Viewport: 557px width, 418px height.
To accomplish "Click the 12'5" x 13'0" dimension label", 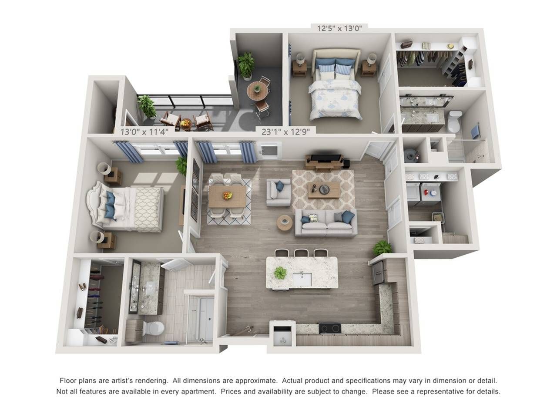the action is pyautogui.click(x=339, y=28).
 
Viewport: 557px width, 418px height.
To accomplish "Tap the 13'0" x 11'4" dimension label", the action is pyautogui.click(x=144, y=132).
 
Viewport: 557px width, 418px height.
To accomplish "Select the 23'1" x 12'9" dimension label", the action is pyautogui.click(x=285, y=132).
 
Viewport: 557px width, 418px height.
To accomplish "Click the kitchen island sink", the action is pyautogui.click(x=302, y=279).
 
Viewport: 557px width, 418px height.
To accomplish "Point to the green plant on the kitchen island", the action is pyautogui.click(x=280, y=273).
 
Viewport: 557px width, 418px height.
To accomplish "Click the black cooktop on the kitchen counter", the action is pyautogui.click(x=330, y=328).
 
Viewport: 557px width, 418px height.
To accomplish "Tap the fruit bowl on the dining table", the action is pyautogui.click(x=228, y=196).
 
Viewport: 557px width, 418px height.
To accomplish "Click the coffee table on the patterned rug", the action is pyautogui.click(x=324, y=189).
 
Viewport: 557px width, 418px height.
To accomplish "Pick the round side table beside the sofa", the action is pyautogui.click(x=285, y=222).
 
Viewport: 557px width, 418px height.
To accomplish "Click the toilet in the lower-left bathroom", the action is pyautogui.click(x=153, y=328).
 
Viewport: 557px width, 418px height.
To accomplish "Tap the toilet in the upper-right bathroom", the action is pyautogui.click(x=454, y=121).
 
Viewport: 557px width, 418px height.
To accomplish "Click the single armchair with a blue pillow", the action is pyautogui.click(x=278, y=192).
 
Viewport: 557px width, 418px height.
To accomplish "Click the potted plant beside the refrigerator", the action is pyautogui.click(x=382, y=247).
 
